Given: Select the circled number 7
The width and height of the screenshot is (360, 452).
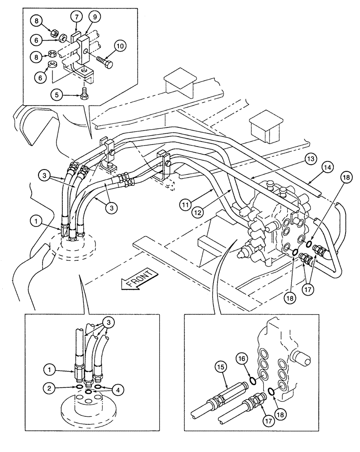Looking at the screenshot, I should [76, 17].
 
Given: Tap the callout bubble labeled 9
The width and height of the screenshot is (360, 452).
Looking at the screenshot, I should [95, 17].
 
